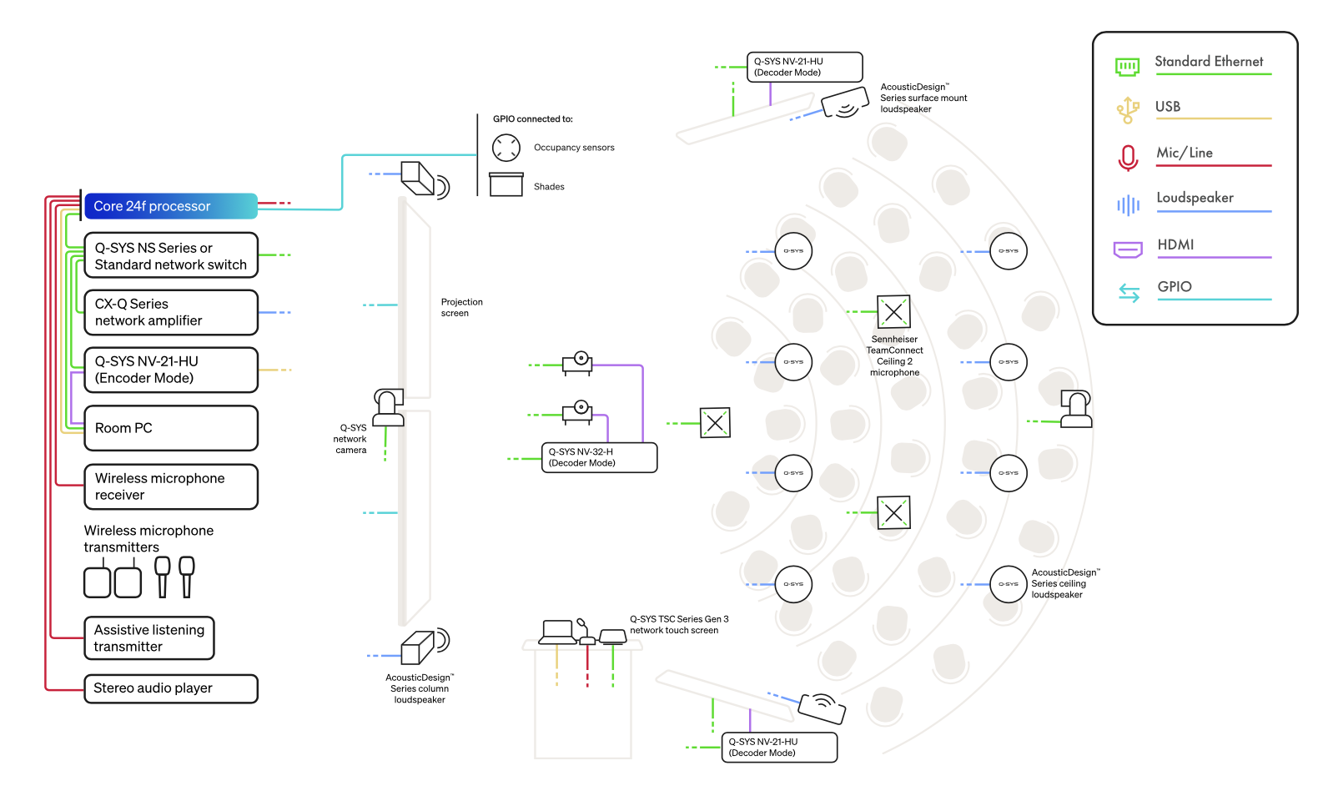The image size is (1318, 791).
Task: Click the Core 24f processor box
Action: [x=171, y=206]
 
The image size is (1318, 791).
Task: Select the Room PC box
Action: [x=171, y=428]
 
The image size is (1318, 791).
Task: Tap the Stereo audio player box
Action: [x=171, y=688]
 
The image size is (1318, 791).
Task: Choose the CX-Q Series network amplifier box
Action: [x=171, y=313]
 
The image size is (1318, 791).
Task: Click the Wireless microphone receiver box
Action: [x=171, y=486]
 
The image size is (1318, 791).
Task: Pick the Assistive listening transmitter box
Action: [x=148, y=638]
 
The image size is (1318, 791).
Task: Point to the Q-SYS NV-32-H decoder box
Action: [x=599, y=457]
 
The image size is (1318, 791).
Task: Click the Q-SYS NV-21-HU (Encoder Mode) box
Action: [x=171, y=370]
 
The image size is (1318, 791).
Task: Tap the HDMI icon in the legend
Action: [x=1127, y=249]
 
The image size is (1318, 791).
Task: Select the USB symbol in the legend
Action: [x=1127, y=110]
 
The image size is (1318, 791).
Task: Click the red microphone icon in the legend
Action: [x=1127, y=158]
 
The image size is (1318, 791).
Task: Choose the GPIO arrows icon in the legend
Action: [x=1129, y=293]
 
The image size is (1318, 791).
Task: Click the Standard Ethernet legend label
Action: [x=1209, y=61]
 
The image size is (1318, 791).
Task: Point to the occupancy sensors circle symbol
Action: [x=506, y=148]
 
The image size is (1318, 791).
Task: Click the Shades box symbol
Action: [x=506, y=184]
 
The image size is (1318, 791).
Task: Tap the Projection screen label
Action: [x=462, y=307]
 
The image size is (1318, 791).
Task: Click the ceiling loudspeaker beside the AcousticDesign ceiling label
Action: [x=1008, y=584]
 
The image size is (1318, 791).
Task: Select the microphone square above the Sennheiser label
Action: [x=893, y=312]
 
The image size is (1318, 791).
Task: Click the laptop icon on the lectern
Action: [x=557, y=632]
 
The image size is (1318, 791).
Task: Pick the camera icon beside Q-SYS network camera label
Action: [x=389, y=407]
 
